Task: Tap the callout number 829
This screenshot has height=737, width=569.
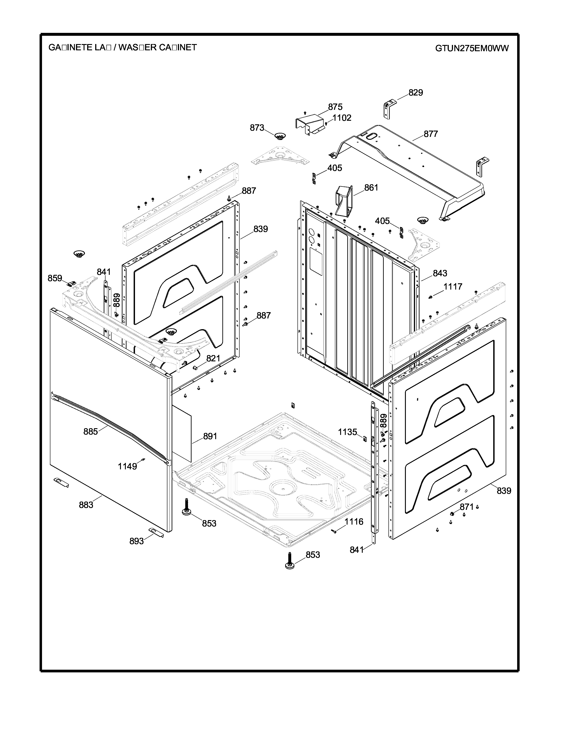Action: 415,93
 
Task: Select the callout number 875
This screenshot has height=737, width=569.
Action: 335,107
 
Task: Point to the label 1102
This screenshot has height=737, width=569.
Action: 342,118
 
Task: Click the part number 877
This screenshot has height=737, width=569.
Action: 430,134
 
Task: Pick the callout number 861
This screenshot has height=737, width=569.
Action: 371,188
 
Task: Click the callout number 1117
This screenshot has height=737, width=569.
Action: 453,286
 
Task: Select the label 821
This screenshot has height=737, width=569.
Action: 213,358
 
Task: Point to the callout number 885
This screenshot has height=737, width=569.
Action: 90,431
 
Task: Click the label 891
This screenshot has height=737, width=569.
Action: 210,436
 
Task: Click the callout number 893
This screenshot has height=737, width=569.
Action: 136,541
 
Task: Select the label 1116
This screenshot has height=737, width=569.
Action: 354,522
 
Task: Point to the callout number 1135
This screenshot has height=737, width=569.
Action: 347,432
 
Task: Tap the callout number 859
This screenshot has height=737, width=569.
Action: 55,278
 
